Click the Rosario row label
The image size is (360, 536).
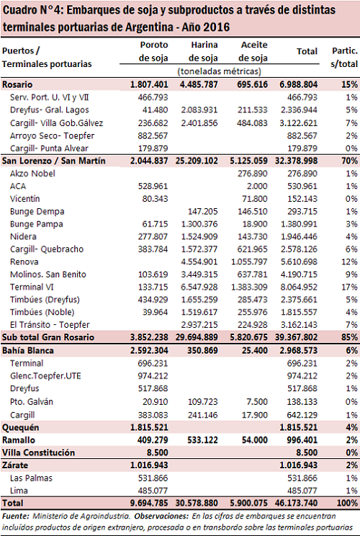(x=17, y=84)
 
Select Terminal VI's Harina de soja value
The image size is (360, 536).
(x=199, y=287)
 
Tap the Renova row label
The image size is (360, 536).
(x=24, y=262)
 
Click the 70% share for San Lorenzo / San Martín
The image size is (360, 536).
(x=349, y=161)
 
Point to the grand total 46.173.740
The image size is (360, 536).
(x=297, y=503)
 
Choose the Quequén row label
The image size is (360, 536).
(x=20, y=428)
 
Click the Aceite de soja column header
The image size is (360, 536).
(x=253, y=51)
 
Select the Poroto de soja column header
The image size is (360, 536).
(x=153, y=51)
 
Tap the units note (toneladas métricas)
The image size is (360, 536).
(x=220, y=71)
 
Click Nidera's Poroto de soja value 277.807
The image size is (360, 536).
(x=153, y=236)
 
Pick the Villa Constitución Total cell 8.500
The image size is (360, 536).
(x=307, y=452)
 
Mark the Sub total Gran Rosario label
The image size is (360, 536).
(x=48, y=337)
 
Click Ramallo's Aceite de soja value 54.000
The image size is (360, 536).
(x=255, y=440)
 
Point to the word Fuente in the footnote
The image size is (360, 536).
(x=15, y=516)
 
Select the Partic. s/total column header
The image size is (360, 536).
(x=344, y=58)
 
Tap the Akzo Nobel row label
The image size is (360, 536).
(x=32, y=174)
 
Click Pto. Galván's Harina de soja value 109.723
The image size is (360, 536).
(x=202, y=402)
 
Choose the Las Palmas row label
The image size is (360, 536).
(x=31, y=478)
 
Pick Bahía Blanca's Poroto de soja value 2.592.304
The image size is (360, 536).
(x=149, y=351)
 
